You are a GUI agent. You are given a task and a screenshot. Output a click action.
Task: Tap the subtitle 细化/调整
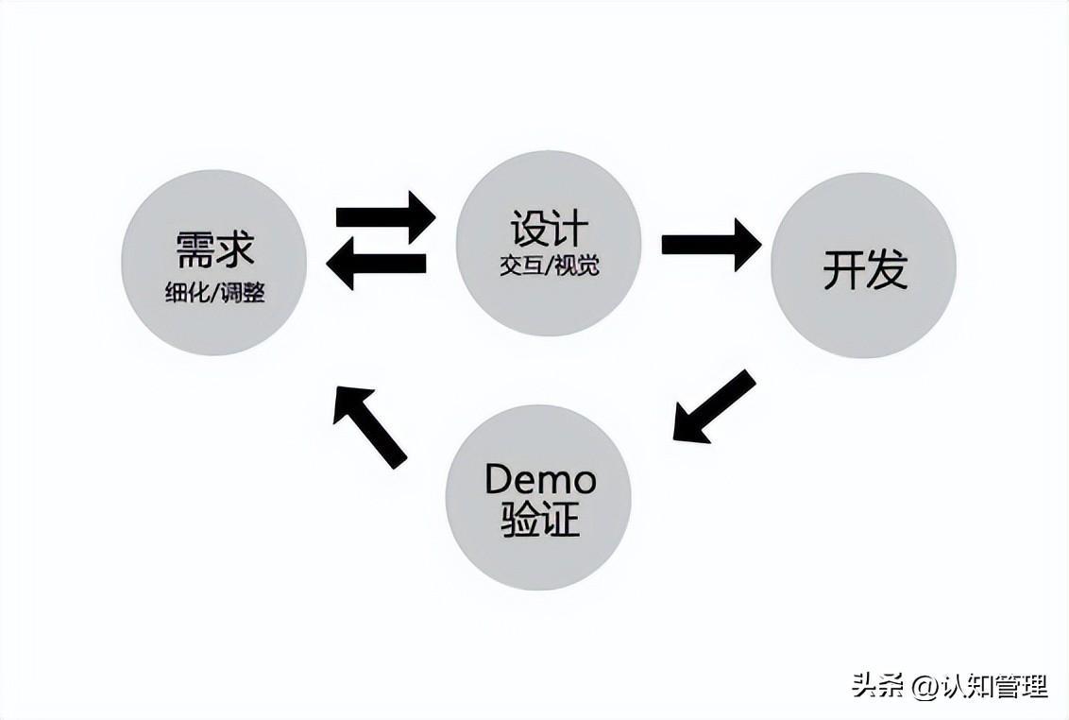tap(214, 293)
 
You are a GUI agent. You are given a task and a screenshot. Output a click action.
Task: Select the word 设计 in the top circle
tap(549, 229)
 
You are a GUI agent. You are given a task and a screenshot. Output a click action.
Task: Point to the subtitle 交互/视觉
tap(549, 266)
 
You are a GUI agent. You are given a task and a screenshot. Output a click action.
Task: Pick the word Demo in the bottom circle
tap(540, 480)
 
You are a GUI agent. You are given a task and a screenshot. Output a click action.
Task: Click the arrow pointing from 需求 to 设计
tap(385, 216)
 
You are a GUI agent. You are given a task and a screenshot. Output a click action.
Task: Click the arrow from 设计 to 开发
tap(710, 245)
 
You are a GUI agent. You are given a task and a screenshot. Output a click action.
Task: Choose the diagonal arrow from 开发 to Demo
tap(714, 406)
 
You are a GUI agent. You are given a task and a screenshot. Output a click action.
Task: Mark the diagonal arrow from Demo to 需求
tap(369, 426)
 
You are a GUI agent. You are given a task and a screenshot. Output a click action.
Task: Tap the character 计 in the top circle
tap(569, 229)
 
